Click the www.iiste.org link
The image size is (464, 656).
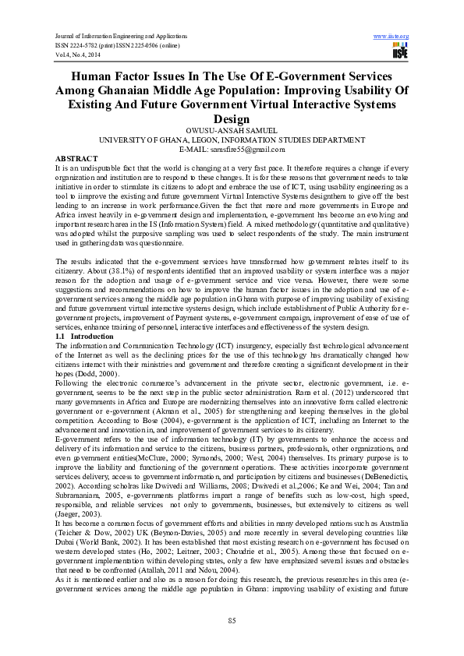click(391, 36)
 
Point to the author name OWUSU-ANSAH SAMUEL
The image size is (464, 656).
click(232, 131)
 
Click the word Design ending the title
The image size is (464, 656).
click(231, 119)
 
